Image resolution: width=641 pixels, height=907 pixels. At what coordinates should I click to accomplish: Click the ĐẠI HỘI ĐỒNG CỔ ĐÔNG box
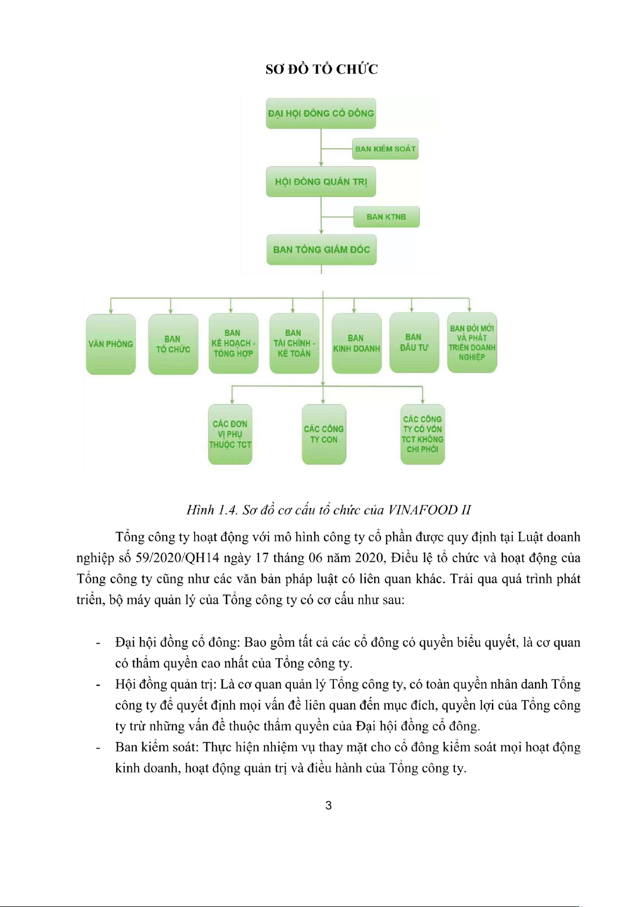point(320,113)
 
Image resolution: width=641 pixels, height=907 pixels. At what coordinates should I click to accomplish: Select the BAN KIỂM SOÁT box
point(386,149)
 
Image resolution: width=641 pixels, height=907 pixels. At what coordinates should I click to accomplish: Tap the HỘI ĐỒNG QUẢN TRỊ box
point(321,182)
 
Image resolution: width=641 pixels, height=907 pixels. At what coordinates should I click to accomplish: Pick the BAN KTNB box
point(386,217)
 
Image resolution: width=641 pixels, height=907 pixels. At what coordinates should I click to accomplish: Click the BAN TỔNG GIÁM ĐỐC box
point(322,250)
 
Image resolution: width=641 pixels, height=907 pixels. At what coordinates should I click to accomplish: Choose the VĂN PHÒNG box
point(111,344)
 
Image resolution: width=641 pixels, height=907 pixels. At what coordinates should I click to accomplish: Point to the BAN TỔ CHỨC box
point(173,344)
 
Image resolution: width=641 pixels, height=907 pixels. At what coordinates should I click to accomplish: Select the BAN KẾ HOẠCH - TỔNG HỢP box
point(233,343)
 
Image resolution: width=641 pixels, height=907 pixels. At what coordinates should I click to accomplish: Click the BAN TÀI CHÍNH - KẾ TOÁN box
point(294,343)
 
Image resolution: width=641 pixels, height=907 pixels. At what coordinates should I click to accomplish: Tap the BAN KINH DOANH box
point(357,343)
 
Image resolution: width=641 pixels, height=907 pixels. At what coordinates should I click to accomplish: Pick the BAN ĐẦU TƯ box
point(414,343)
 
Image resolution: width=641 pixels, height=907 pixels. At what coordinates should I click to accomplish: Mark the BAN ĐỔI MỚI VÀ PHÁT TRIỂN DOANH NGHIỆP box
point(472,342)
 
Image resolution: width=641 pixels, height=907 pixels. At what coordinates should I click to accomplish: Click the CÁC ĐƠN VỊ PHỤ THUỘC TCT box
point(230,434)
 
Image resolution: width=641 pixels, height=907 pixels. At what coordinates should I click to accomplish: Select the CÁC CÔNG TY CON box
point(324,434)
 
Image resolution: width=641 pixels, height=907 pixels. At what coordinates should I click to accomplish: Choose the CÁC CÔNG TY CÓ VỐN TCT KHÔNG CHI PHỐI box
point(423,434)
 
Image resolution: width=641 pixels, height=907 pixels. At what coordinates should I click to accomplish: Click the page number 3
point(329,806)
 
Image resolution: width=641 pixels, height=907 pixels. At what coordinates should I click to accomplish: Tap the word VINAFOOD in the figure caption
point(423,510)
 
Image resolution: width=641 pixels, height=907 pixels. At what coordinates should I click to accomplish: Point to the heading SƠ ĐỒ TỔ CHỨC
point(322,69)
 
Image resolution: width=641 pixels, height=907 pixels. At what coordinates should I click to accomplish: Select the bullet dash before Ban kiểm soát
point(98,748)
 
